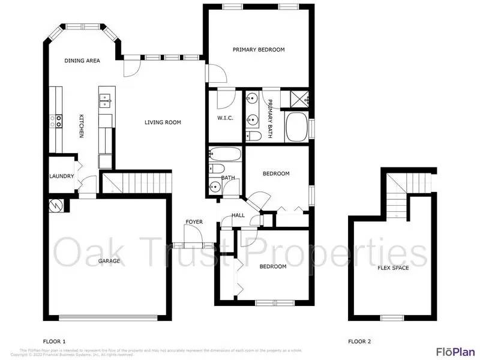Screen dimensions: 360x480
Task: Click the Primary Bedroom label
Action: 259,50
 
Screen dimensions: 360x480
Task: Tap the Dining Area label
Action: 82,61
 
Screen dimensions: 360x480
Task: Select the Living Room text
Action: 163,122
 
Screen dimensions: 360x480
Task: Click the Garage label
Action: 109,261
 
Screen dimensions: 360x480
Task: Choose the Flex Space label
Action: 393,268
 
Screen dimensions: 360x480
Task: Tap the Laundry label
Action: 61,176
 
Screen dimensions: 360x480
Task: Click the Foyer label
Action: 194,222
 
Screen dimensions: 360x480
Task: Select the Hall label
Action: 238,215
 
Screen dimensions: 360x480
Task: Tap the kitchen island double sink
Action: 106,100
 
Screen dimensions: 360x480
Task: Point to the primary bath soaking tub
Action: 296,127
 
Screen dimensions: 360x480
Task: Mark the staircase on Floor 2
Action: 397,195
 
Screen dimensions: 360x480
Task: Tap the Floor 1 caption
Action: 55,341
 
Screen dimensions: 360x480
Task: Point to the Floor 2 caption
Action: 359,341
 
